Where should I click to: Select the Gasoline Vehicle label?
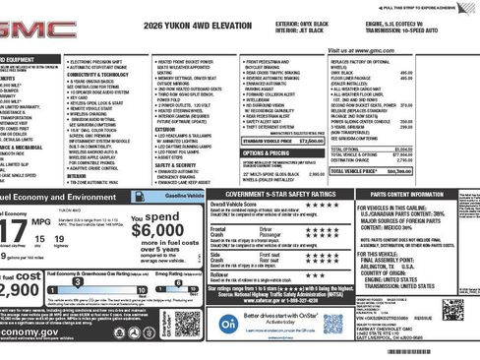pyautogui.click(x=183, y=196)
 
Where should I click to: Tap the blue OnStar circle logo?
pyautogui.click(x=227, y=322)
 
